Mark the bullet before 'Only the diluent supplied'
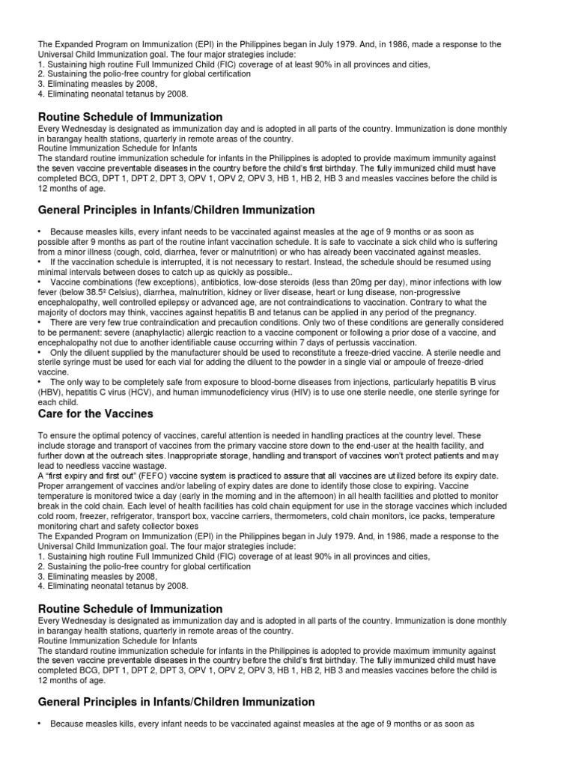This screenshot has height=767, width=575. pos(41,352)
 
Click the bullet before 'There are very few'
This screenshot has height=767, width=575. pos(41,322)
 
